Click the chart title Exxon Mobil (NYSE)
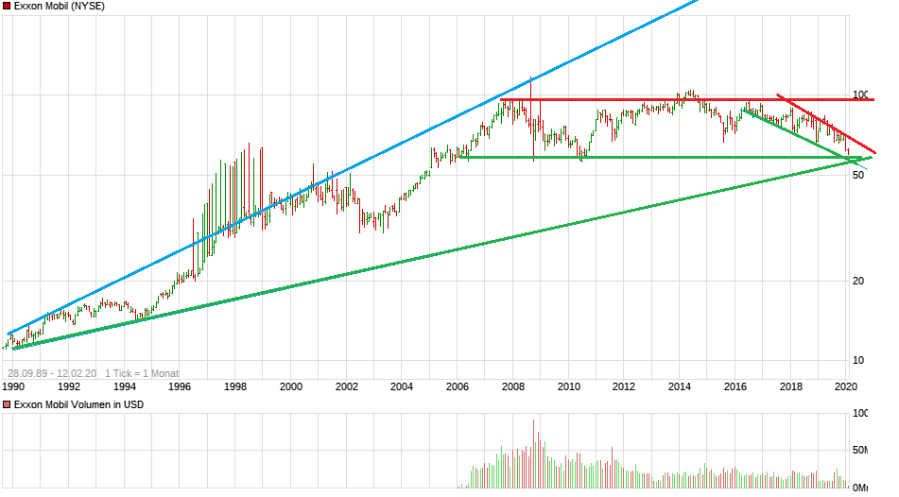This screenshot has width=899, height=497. (x=60, y=6)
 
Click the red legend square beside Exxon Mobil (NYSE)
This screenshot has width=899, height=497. (x=7, y=6)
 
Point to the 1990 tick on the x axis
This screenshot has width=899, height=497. (x=13, y=386)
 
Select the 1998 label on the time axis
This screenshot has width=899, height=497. (x=235, y=386)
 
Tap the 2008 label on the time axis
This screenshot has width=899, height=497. (x=513, y=386)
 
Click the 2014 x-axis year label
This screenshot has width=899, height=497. (x=680, y=386)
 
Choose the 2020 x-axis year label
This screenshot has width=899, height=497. (x=846, y=386)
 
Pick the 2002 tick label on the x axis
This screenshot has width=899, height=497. (x=347, y=386)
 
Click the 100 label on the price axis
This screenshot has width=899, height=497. (x=860, y=94)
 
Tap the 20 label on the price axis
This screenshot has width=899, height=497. (x=858, y=281)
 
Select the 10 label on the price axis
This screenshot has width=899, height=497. (x=858, y=360)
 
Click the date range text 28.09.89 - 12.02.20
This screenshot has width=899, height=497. (x=51, y=373)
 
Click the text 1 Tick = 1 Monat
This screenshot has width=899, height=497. (x=142, y=373)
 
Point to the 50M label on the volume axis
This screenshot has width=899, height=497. (x=861, y=451)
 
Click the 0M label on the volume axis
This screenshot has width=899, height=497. (x=861, y=488)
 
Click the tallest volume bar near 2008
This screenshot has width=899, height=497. (x=533, y=454)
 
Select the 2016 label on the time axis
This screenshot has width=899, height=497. (x=735, y=386)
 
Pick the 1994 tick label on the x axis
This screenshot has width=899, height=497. (x=125, y=386)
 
